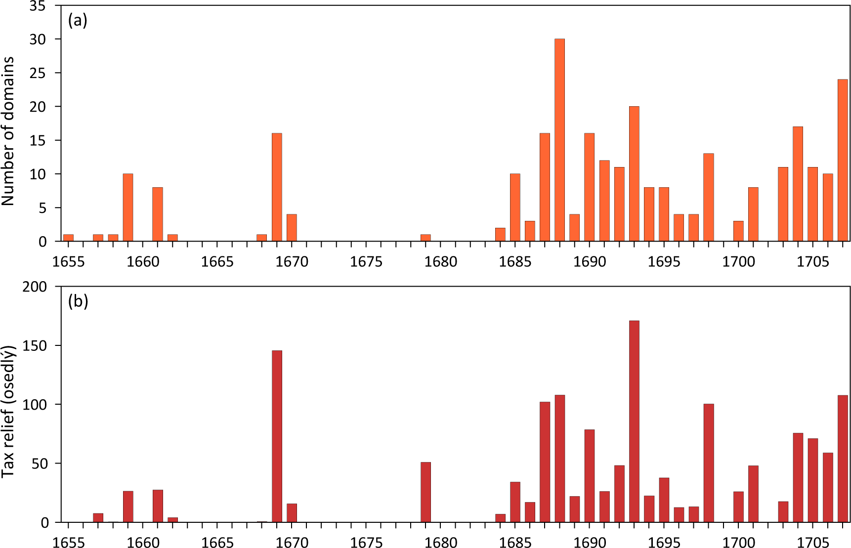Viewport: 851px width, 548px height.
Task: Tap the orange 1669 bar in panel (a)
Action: [x=277, y=187]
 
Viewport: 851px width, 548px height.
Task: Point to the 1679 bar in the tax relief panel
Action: [x=425, y=492]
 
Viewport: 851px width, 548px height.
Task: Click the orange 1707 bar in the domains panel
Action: [x=843, y=160]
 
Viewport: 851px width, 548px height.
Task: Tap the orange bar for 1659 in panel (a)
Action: [x=128, y=208]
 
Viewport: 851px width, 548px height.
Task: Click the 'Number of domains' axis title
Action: [x=8, y=131]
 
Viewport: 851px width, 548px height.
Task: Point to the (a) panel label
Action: [x=78, y=20]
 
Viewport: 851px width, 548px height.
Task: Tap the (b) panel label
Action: [x=78, y=301]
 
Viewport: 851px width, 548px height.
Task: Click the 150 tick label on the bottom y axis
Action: [x=34, y=346]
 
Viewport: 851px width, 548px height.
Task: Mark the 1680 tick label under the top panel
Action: [x=440, y=261]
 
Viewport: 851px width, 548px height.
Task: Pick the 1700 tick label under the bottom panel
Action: [x=738, y=542]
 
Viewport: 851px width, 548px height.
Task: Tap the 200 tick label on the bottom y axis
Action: [x=34, y=287]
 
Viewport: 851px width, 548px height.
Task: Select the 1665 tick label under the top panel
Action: [x=217, y=261]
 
